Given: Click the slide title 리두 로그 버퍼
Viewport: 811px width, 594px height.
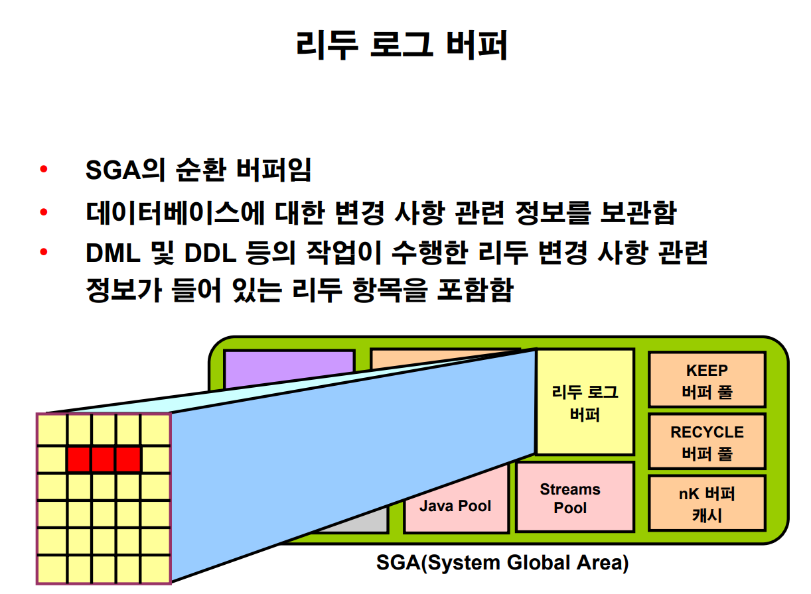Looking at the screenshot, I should [x=402, y=46].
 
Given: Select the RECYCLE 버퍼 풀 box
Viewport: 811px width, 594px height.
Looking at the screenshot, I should [x=707, y=442].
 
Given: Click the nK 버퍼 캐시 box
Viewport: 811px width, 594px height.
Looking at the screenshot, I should [x=707, y=503].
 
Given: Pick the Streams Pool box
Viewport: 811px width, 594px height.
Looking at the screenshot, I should [x=575, y=497].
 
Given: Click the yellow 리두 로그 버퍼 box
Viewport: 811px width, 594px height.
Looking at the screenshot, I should [x=585, y=402].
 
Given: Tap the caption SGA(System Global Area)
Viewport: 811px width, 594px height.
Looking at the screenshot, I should [x=502, y=564].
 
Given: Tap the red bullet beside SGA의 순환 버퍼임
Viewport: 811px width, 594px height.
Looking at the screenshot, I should [x=44, y=169].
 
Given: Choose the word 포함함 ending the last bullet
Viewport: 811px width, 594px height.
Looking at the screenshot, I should [x=474, y=291].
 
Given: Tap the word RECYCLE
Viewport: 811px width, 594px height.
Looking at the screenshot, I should [x=707, y=432].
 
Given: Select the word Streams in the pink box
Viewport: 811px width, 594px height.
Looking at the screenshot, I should [x=569, y=489].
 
